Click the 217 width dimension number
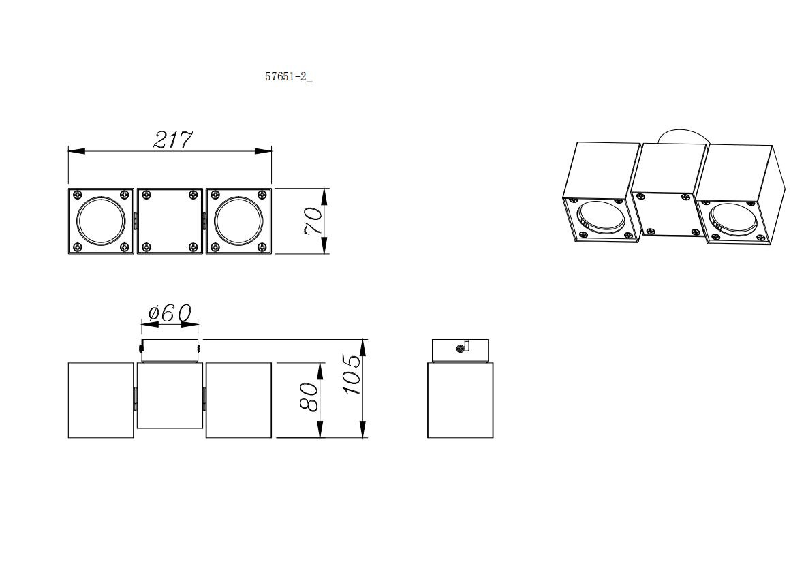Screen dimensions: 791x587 coord(172,140)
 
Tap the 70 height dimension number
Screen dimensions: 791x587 coord(313,221)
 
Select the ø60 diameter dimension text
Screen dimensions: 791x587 coord(170,313)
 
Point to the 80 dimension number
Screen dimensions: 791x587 coord(309,396)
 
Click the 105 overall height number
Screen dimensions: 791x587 coord(352,375)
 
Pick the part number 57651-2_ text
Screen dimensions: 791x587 coord(289,77)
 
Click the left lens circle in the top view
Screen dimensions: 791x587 coord(101,221)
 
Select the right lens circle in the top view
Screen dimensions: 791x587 coord(238,221)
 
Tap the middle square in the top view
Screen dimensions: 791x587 coord(170,221)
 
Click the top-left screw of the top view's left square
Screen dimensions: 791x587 coord(78,195)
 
